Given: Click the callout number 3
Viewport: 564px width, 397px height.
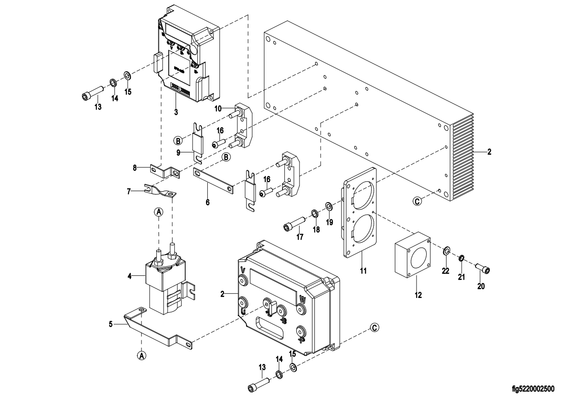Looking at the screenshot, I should click(x=176, y=111).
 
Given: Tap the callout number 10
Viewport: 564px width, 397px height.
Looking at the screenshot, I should click(x=218, y=108).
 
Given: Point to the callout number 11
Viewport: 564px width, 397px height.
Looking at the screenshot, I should click(x=363, y=271).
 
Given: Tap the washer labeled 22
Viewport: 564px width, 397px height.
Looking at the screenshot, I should click(x=446, y=251).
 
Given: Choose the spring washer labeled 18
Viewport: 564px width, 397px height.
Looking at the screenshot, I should click(x=315, y=213).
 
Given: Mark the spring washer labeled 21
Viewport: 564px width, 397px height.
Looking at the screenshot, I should click(x=462, y=258).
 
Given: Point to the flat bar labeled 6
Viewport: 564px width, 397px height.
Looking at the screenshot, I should click(x=213, y=181).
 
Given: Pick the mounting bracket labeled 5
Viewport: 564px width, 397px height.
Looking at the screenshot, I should click(x=157, y=326).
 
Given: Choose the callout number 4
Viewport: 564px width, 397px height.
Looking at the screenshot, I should click(x=129, y=276).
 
